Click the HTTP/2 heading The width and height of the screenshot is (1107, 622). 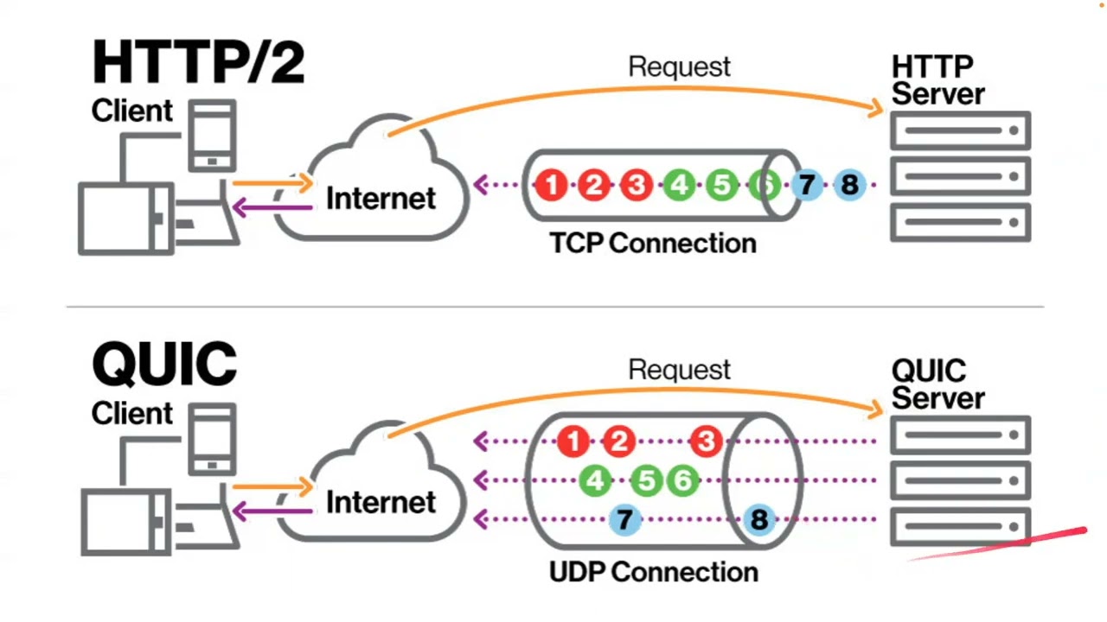coord(198,62)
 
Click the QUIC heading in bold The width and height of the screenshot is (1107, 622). coord(163,365)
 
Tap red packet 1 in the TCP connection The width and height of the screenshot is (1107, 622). coord(551,185)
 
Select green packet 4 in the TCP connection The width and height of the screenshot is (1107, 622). coord(679,185)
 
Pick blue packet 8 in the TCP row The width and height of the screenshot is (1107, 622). coord(849,185)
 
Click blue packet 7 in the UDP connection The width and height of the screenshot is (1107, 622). coord(624,520)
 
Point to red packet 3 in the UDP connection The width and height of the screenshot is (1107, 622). coord(706,442)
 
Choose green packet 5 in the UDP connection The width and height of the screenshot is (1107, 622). coord(646,481)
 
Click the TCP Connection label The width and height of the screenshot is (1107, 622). coord(653,244)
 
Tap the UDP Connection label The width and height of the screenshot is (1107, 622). coord(653,572)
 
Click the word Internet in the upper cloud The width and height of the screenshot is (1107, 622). coord(381,199)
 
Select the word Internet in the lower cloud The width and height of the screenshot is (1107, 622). coord(381,502)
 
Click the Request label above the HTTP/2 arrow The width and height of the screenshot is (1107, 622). coord(679,67)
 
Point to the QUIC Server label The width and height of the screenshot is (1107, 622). coord(937,384)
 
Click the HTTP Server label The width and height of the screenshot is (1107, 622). coord(937,79)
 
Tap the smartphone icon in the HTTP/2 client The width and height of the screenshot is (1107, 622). coord(213,135)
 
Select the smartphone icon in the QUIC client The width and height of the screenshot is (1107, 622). coord(213,440)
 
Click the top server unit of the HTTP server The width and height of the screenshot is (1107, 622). coord(960,131)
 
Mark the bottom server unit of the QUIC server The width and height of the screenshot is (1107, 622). coord(960,526)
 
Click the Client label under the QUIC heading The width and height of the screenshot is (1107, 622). coord(132,413)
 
